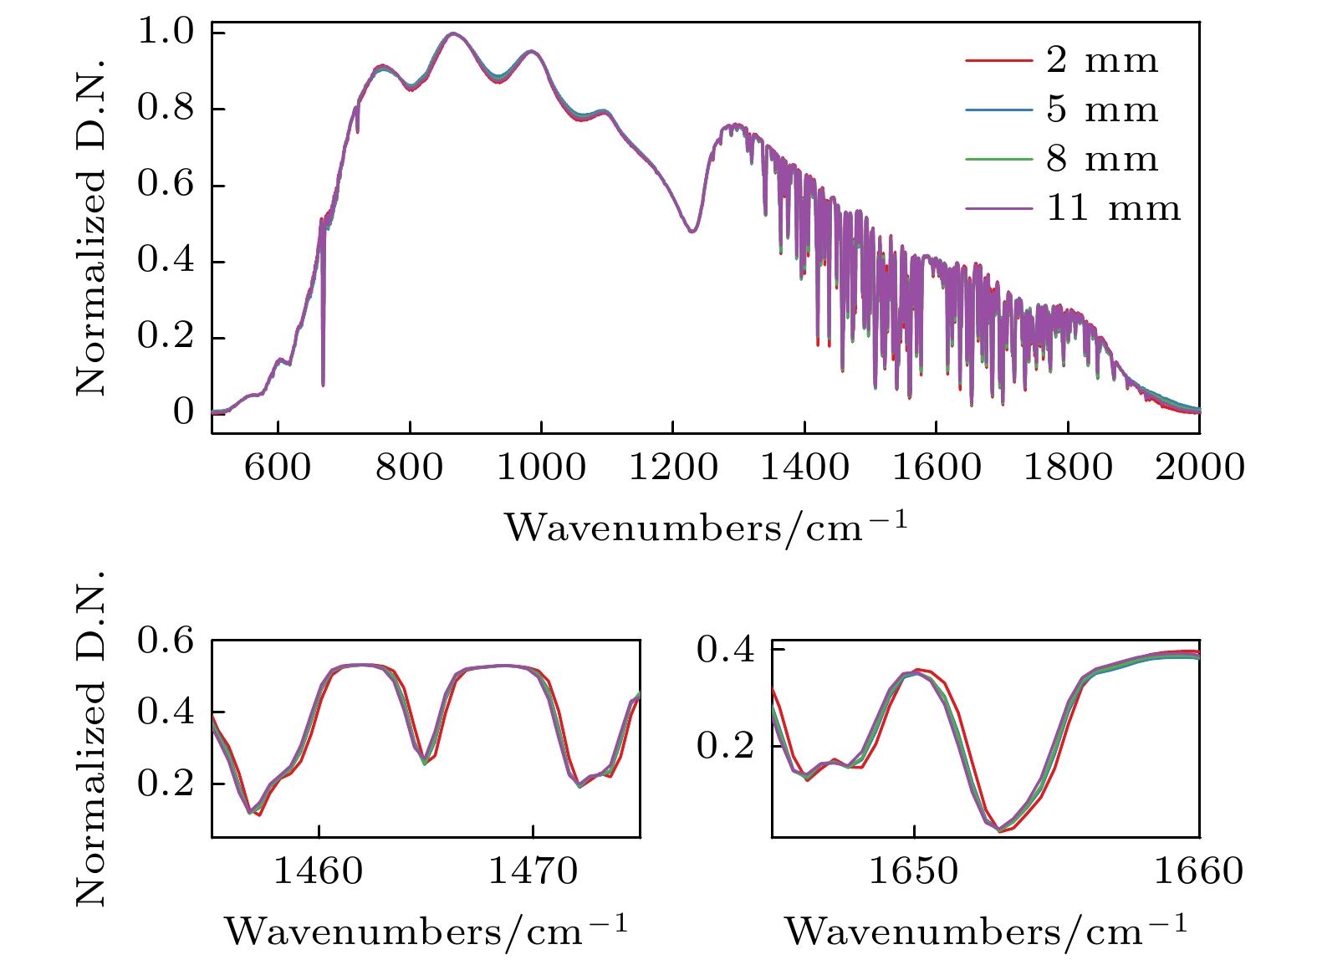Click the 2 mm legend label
tap(1102, 60)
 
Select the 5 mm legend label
tap(1102, 110)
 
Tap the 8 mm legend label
tap(1102, 159)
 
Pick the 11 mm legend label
tap(1113, 208)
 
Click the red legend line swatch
tap(998, 61)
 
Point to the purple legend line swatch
tap(998, 209)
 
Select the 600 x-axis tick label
tap(278, 467)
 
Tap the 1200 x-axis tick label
tap(673, 467)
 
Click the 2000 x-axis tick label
tap(1200, 467)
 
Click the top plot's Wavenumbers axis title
tap(705, 526)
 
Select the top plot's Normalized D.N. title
tap(90, 226)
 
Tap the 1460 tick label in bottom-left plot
tap(319, 871)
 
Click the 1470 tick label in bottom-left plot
tap(533, 871)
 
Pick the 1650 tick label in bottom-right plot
tap(914, 871)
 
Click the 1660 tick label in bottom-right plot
tap(1199, 871)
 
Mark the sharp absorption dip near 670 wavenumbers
tap(323, 380)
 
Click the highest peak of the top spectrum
tap(452, 33)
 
